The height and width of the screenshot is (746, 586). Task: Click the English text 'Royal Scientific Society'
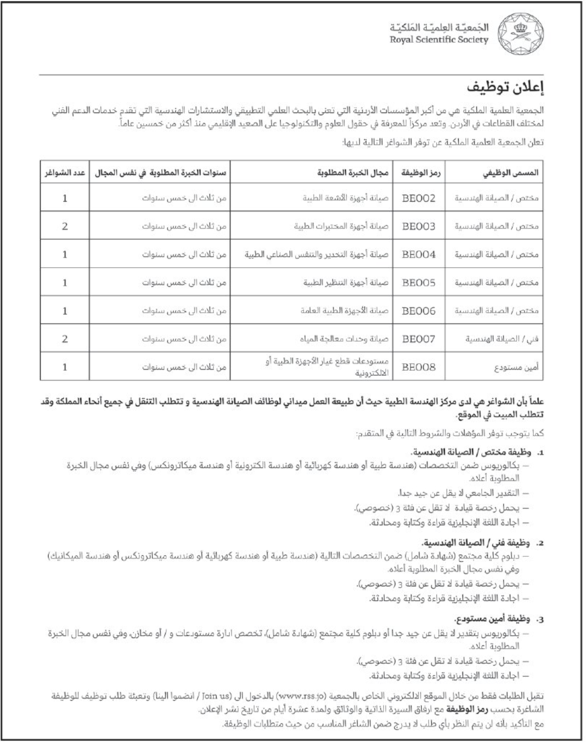[439, 40]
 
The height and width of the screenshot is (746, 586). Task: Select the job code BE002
[419, 198]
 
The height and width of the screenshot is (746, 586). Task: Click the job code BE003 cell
[419, 226]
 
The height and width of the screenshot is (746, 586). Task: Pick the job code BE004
[419, 255]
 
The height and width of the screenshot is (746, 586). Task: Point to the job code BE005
[419, 282]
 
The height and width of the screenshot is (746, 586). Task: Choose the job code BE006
[419, 311]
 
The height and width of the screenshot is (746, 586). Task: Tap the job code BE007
[419, 339]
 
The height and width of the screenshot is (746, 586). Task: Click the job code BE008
[419, 367]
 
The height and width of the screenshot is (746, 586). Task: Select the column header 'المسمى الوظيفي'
[510, 173]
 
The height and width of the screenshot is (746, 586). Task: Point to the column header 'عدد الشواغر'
[65, 173]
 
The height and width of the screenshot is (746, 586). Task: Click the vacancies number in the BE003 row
[65, 226]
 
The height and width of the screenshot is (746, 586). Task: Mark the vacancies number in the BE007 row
[65, 339]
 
